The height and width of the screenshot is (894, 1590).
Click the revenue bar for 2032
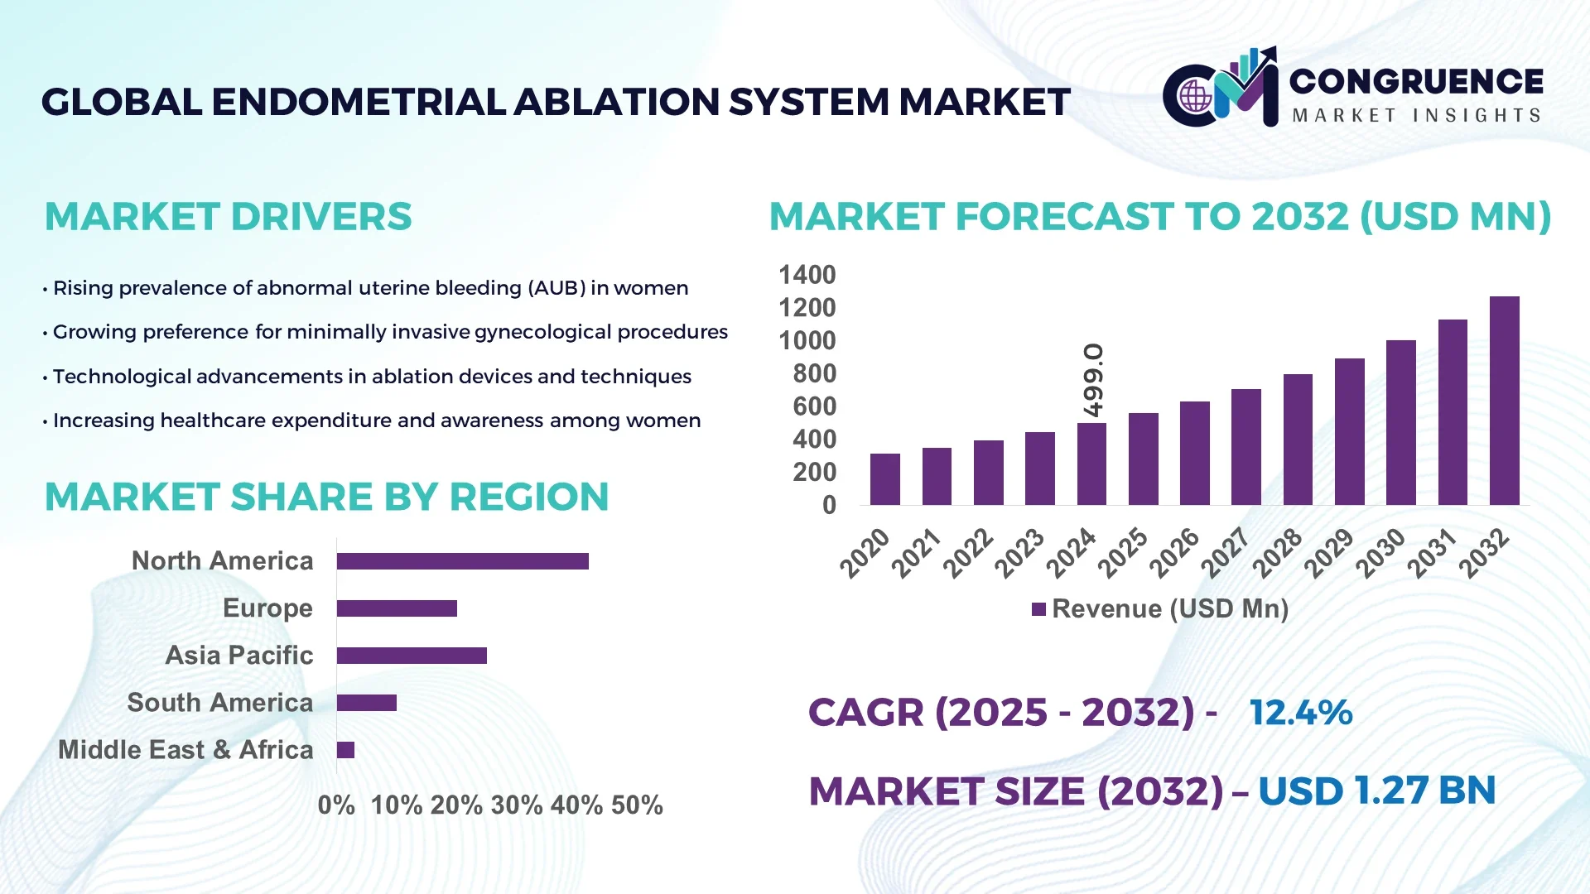click(x=1504, y=401)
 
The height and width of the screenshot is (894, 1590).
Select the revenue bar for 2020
click(x=885, y=479)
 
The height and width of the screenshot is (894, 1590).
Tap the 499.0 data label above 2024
click(x=1092, y=380)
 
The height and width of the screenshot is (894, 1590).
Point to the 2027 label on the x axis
click(x=1225, y=552)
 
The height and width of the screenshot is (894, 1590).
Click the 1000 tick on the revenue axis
click(x=807, y=340)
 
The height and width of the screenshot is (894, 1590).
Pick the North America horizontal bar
click(x=462, y=561)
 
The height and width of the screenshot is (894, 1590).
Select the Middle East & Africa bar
click(x=345, y=750)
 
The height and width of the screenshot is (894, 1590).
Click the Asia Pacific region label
click(x=238, y=655)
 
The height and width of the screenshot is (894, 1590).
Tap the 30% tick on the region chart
click(x=517, y=805)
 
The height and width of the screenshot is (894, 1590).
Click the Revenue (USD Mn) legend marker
click(x=1038, y=609)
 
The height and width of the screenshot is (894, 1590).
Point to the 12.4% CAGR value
click(x=1300, y=712)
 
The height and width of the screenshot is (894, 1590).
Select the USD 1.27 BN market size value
click(x=1376, y=791)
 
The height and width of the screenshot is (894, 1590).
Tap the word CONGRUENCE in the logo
click(x=1415, y=81)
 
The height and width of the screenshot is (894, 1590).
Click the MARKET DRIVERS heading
click(x=228, y=217)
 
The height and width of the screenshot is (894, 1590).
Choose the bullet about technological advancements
click(x=371, y=377)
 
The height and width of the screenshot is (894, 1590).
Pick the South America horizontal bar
click(x=367, y=703)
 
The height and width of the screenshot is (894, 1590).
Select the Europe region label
click(x=267, y=608)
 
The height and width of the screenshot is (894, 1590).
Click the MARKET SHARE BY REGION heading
click(x=326, y=497)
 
